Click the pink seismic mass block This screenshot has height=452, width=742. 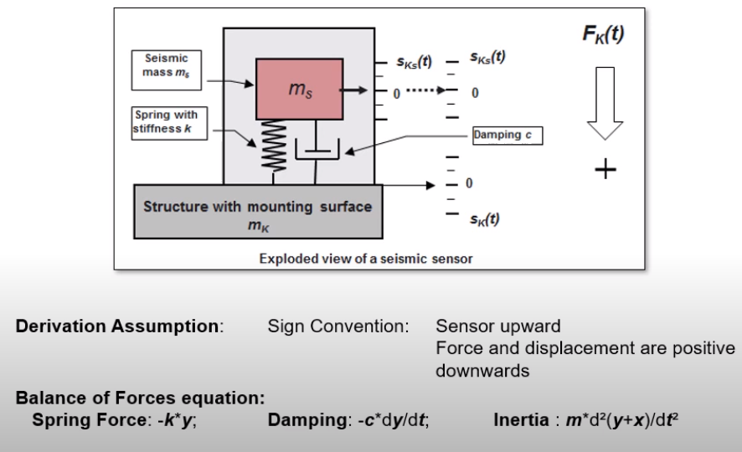coord(300,89)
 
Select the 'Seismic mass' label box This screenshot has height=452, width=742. coord(166,70)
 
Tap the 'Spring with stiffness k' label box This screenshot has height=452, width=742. coord(169,123)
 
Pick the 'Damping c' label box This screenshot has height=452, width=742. coord(508,136)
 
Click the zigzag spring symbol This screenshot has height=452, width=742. coord(273,146)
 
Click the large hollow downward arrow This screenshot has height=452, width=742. coord(605,103)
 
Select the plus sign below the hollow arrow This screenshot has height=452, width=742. coord(605,169)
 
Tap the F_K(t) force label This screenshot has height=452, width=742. coord(603,34)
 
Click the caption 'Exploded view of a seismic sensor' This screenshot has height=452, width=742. coord(366,259)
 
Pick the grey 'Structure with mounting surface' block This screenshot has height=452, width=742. coord(258,212)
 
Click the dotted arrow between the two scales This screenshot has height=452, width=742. coord(426,90)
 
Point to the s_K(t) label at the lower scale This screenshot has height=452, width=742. coord(485,219)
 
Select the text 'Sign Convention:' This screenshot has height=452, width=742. coord(338,326)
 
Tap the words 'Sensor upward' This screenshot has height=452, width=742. coord(498,326)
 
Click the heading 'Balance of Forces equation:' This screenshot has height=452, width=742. coord(140,398)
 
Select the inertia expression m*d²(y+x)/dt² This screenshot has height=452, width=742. coord(622,420)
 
